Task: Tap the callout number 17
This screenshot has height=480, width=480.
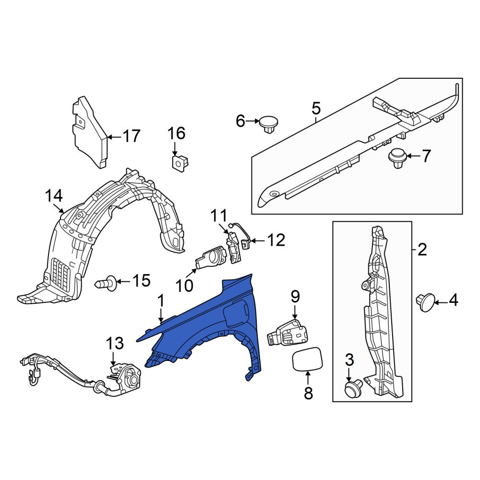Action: (x=132, y=136)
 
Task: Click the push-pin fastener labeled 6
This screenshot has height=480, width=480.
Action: (x=269, y=124)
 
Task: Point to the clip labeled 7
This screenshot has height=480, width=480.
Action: (x=397, y=157)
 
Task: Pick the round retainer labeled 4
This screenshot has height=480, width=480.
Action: (x=425, y=302)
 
